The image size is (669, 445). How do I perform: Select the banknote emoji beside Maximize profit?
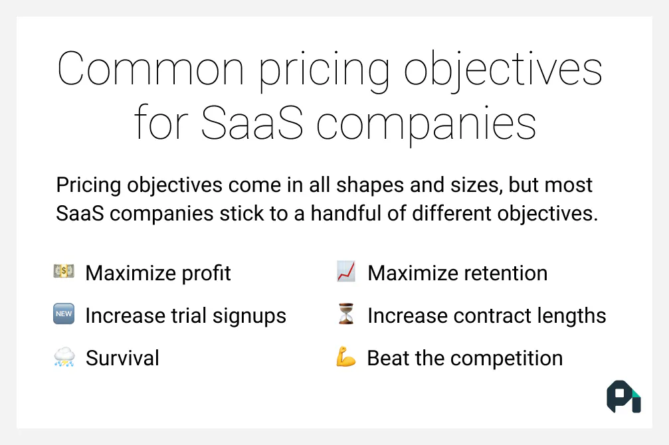coord(64,272)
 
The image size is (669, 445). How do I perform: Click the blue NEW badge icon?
coord(64,315)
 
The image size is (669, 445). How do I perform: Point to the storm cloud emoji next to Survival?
coord(64,358)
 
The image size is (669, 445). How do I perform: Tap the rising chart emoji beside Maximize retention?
coord(346,272)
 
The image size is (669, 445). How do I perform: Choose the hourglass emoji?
coord(346,315)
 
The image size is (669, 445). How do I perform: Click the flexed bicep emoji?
coord(346,358)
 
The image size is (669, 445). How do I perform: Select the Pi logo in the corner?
coord(623,397)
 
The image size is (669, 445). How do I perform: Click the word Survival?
coord(122,359)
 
